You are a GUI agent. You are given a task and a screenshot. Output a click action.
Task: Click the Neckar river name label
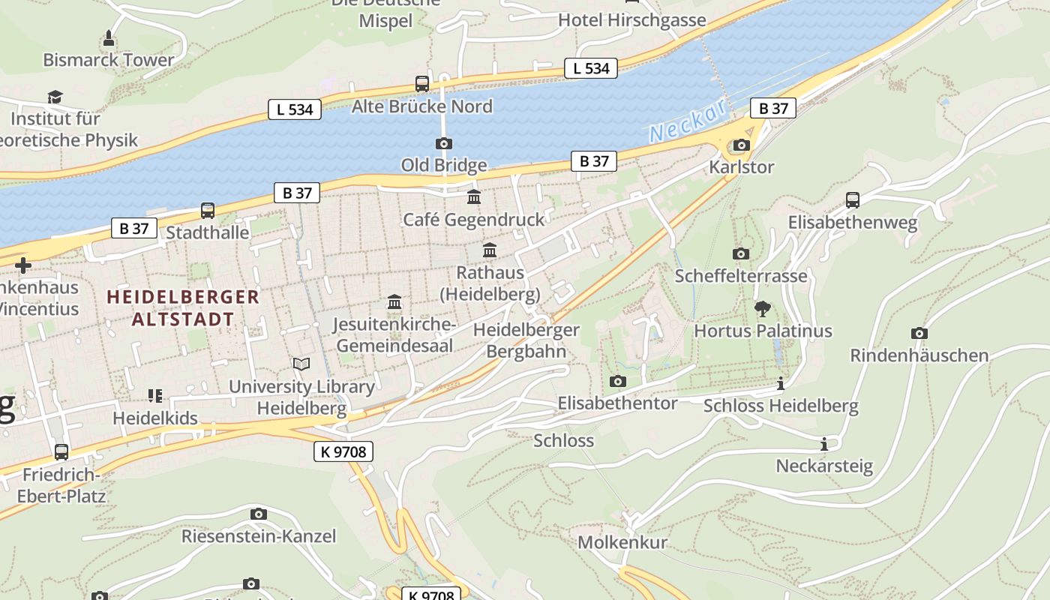coord(688,121)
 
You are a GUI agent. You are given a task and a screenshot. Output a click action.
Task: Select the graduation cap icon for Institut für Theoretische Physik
coord(55,97)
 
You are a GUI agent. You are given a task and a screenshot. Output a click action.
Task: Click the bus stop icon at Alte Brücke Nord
coord(422,84)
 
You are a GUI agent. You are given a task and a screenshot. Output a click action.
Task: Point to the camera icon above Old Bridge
coord(444,143)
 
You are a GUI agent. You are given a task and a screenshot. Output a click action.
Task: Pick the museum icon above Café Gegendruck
coord(474,197)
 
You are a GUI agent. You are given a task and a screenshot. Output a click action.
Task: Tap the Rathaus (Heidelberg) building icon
coord(490,250)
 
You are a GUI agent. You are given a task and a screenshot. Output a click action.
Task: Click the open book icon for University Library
coord(301,364)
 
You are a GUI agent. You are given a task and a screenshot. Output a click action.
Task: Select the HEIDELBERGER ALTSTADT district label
coord(183,307)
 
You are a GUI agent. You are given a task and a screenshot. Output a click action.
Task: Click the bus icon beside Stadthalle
coord(208,211)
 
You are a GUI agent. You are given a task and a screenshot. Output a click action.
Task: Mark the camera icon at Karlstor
coord(741,145)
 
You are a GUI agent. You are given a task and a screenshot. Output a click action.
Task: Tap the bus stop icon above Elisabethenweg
coord(853,200)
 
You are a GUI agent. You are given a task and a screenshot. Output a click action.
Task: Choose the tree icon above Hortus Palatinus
coord(763,308)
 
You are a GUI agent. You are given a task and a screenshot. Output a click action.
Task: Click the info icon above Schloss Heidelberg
coord(781,384)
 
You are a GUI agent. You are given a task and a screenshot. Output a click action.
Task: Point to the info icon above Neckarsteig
coord(824,444)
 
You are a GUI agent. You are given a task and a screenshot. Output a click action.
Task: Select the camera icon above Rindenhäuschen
coord(919,333)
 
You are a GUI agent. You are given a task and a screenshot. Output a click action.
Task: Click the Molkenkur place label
coord(622,541)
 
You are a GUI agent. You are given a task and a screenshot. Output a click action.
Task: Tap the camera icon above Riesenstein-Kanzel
coord(259,514)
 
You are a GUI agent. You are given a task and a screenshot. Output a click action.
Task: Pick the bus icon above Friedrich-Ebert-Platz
coord(61,452)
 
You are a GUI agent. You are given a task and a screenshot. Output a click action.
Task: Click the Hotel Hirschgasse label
coord(631,20)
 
